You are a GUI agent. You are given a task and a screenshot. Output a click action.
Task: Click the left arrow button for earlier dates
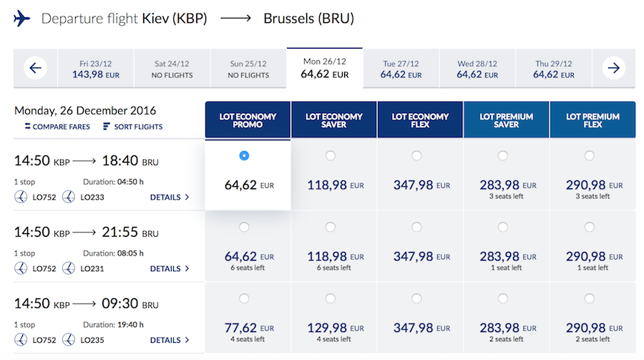35,69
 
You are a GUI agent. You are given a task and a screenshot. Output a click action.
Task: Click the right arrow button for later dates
613,69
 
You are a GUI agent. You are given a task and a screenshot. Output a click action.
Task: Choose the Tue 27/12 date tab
400,69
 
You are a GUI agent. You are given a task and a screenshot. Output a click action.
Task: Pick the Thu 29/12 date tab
553,69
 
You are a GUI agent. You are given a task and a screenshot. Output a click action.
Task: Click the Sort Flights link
133,127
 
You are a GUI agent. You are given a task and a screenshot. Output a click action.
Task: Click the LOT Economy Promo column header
248,120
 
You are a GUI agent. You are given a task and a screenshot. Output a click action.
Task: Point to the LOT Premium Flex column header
592,120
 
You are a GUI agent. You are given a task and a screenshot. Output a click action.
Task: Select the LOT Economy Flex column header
420,120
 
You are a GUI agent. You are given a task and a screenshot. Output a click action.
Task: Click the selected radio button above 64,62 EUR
245,155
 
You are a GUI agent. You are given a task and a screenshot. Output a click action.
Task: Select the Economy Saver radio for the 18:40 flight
331,155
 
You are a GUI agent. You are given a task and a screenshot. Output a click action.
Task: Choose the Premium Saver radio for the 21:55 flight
503,227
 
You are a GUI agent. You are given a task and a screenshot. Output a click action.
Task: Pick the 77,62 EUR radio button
245,298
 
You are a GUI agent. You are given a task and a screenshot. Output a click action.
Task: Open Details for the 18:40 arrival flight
170,197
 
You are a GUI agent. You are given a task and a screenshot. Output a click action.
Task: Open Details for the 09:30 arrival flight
170,340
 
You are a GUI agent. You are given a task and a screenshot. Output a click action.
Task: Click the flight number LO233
93,197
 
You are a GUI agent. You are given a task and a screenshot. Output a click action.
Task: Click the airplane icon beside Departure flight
22,19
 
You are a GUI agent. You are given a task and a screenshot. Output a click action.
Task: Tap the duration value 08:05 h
130,253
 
